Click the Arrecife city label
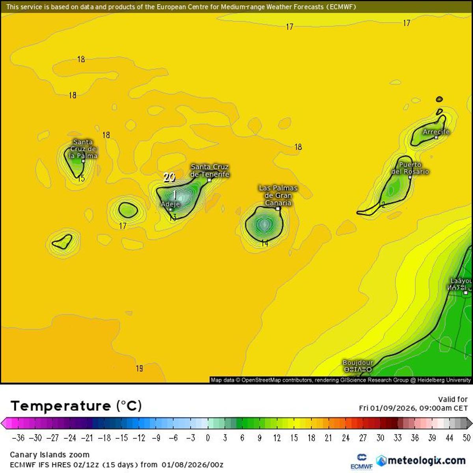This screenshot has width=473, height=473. click(x=436, y=132)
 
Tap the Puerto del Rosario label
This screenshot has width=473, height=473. click(x=410, y=168)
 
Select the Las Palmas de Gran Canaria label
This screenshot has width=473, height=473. click(x=278, y=195)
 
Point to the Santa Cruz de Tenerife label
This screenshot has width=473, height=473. click(x=210, y=170)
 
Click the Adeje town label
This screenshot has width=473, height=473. click(x=170, y=204)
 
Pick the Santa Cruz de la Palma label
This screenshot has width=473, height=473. click(x=83, y=149)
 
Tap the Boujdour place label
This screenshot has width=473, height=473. click(x=358, y=363)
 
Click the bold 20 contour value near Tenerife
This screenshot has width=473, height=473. click(x=169, y=177)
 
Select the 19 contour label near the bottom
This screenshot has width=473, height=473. click(x=139, y=369)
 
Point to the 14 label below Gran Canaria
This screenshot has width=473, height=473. click(x=264, y=244)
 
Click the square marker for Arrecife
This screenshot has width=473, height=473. click(x=436, y=138)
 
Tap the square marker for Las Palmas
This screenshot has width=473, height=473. click(x=278, y=209)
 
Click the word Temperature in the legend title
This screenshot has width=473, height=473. click(x=61, y=406)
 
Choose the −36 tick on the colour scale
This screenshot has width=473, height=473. click(x=19, y=438)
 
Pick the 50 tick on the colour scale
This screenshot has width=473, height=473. click(x=467, y=438)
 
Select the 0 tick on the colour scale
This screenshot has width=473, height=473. click(x=208, y=438)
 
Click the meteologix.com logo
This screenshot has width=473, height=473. click(x=420, y=460)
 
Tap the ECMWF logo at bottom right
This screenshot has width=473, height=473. click(x=361, y=462)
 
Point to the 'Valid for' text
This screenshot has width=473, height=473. click(x=453, y=399)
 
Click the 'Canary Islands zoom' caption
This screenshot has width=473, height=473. click(x=50, y=454)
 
